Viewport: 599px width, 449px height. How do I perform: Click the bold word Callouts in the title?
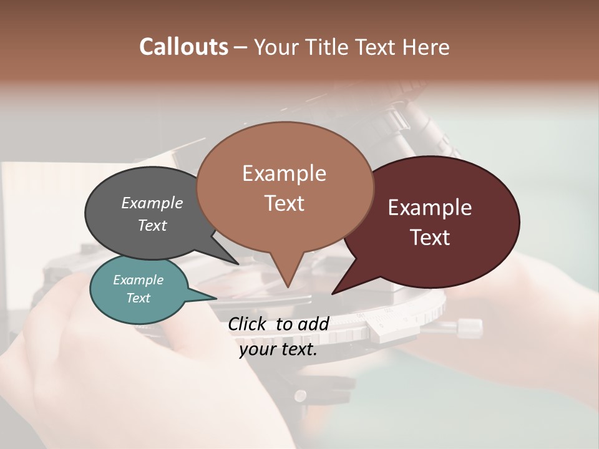(184, 47)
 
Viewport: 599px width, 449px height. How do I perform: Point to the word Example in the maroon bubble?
(430, 208)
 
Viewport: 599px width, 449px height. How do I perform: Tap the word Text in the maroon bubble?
(430, 238)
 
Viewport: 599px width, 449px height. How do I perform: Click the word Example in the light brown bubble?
(284, 173)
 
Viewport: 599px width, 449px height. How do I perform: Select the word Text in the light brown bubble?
(284, 203)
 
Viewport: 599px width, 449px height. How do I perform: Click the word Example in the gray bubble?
(152, 203)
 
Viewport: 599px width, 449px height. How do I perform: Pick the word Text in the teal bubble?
(139, 298)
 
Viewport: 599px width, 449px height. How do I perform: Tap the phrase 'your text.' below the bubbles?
(278, 350)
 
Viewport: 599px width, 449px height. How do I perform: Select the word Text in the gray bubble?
(152, 226)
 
